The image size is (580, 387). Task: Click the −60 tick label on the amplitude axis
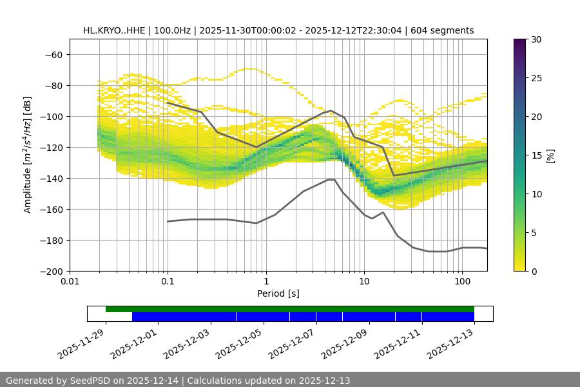coord(52,54)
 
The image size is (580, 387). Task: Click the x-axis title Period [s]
coord(278,293)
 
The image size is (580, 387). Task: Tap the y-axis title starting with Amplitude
coord(28,155)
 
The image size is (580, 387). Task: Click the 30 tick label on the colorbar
coord(536,39)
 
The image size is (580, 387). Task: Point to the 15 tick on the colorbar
coord(536,155)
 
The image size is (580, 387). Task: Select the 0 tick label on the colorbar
coord(533,271)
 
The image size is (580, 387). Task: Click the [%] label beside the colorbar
coord(550,155)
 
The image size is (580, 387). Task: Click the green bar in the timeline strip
coord(290,309)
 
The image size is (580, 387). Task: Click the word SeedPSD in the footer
coord(91,381)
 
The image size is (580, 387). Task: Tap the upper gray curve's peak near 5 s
coord(331,110)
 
